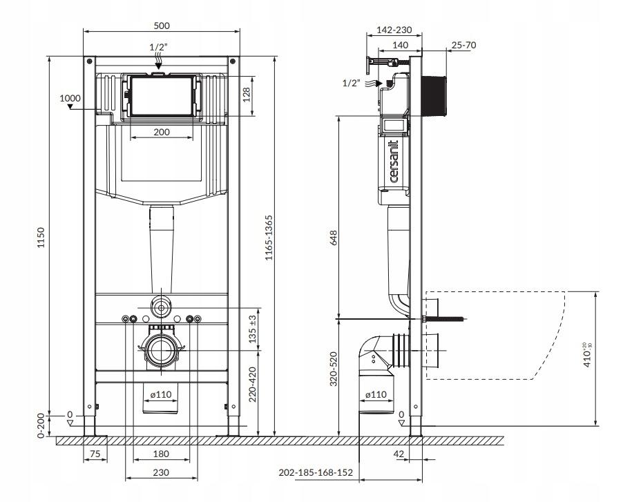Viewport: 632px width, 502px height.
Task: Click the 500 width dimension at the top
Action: point(162,26)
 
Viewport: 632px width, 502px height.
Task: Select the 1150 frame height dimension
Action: point(41,238)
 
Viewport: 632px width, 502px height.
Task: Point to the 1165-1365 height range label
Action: point(269,238)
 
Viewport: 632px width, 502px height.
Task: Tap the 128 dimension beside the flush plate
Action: point(247,95)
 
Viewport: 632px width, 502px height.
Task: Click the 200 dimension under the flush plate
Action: point(162,132)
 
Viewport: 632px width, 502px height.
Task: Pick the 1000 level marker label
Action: point(70,98)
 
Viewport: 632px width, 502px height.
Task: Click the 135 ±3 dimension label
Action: point(253,329)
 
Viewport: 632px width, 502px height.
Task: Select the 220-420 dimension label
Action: point(253,384)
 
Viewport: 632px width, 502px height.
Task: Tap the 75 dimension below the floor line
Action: point(95,454)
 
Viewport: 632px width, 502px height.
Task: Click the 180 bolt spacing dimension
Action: point(161,454)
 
